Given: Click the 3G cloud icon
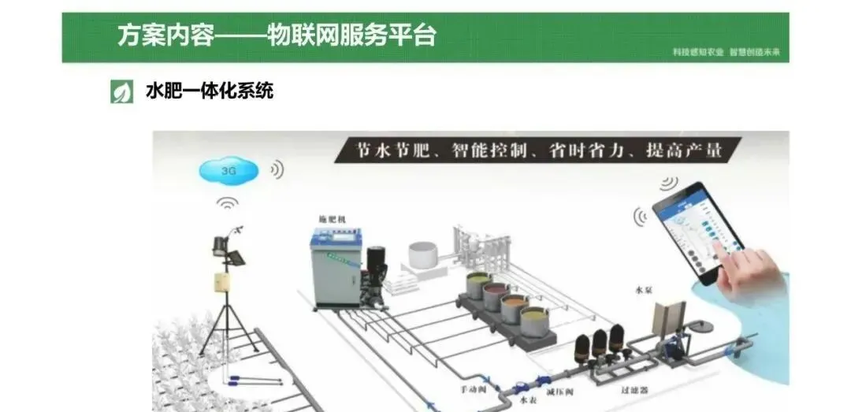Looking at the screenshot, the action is (229, 169).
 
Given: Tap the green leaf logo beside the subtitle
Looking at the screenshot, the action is (121, 91).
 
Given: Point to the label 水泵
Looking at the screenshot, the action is (644, 290).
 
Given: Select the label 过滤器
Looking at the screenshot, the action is (634, 389).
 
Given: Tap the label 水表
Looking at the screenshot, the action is (528, 400).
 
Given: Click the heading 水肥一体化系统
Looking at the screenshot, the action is (210, 91).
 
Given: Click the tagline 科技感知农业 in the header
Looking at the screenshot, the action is (697, 53).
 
